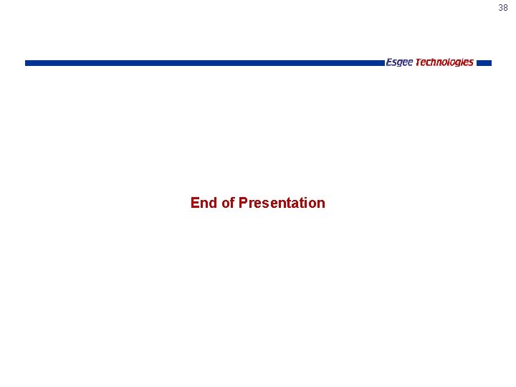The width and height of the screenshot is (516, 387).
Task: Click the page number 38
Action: [x=503, y=8]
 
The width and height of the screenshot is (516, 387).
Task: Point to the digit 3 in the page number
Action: [x=501, y=8]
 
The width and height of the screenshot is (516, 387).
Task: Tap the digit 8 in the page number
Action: [x=505, y=8]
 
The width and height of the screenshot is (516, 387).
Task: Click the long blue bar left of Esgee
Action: [x=204, y=63]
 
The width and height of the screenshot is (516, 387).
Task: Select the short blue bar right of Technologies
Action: [x=484, y=63]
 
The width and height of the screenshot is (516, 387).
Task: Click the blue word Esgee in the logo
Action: [x=399, y=62]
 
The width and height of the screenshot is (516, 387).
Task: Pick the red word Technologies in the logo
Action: [x=444, y=62]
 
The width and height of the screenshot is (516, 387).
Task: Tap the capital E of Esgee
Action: [x=389, y=62]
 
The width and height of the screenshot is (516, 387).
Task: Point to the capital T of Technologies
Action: [x=419, y=62]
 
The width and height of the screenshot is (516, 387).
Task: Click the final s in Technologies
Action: [x=471, y=62]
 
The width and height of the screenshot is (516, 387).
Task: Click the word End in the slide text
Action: [x=204, y=203]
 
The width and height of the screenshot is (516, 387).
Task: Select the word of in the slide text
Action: [x=228, y=203]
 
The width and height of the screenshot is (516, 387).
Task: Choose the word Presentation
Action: [x=282, y=203]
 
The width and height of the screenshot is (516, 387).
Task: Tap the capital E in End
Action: [x=195, y=203]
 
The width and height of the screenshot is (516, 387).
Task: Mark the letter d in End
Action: [x=212, y=203]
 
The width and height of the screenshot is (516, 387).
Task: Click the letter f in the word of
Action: [x=232, y=203]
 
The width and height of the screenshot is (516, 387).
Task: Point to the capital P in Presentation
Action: [x=243, y=203]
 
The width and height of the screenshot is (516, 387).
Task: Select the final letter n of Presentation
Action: [x=320, y=203]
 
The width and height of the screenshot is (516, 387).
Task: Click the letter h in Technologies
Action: [x=433, y=62]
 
